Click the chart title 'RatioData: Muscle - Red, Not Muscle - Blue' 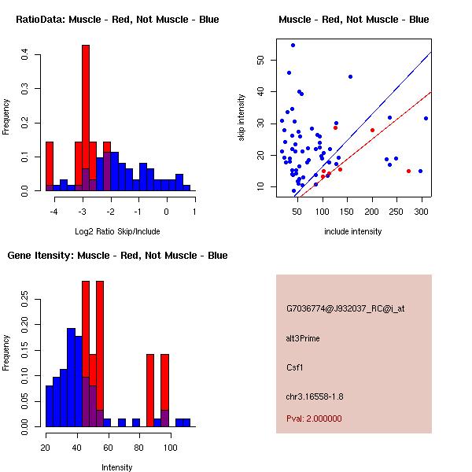coord(118,19)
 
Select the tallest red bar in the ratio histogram coord(86,118)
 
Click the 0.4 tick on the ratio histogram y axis coord(25,55)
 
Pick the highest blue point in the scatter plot coord(293,45)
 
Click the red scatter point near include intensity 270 coord(408,171)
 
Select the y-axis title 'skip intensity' coord(242,118)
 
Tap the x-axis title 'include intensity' coord(353,231)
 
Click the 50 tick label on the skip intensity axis coord(260,60)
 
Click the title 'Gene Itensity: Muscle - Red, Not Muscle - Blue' coord(117,256)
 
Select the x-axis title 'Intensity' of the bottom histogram coord(117,467)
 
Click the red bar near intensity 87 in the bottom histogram coord(149,389)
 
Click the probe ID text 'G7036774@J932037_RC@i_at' coord(345,309)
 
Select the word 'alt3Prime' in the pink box coord(303,338)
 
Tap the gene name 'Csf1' coord(294,367)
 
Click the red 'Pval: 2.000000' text coord(314,419)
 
